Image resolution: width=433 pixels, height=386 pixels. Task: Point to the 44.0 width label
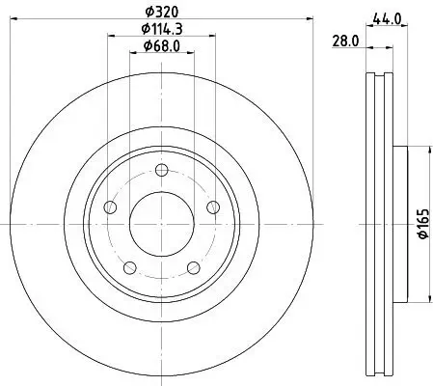click(x=389, y=16)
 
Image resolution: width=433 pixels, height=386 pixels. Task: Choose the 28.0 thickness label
click(x=344, y=41)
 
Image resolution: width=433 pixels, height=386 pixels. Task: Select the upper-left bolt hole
click(x=111, y=208)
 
